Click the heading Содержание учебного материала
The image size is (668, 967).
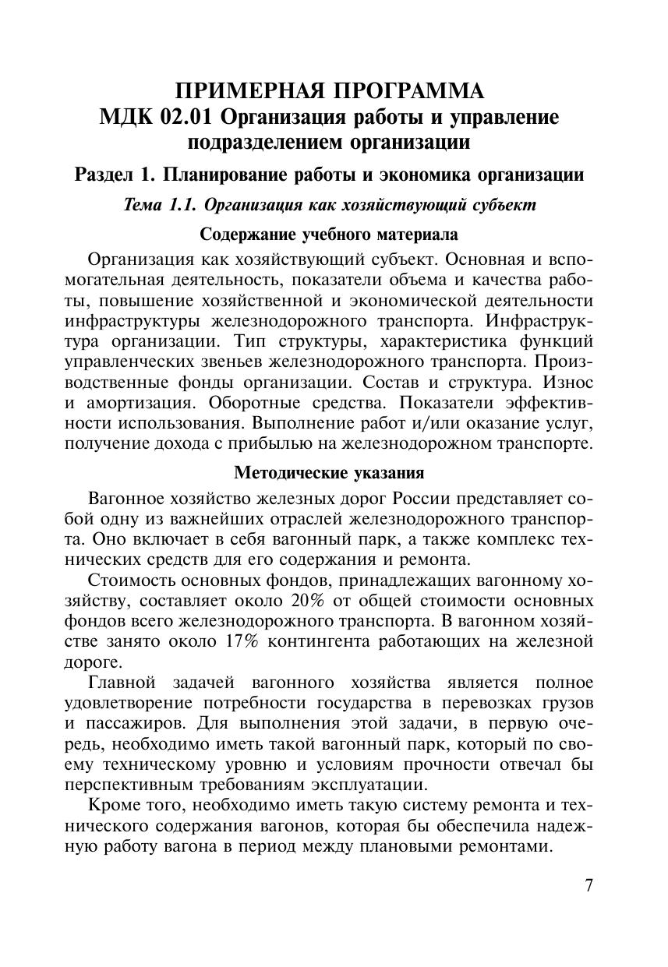point(329,234)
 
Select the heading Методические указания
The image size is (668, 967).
point(329,473)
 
